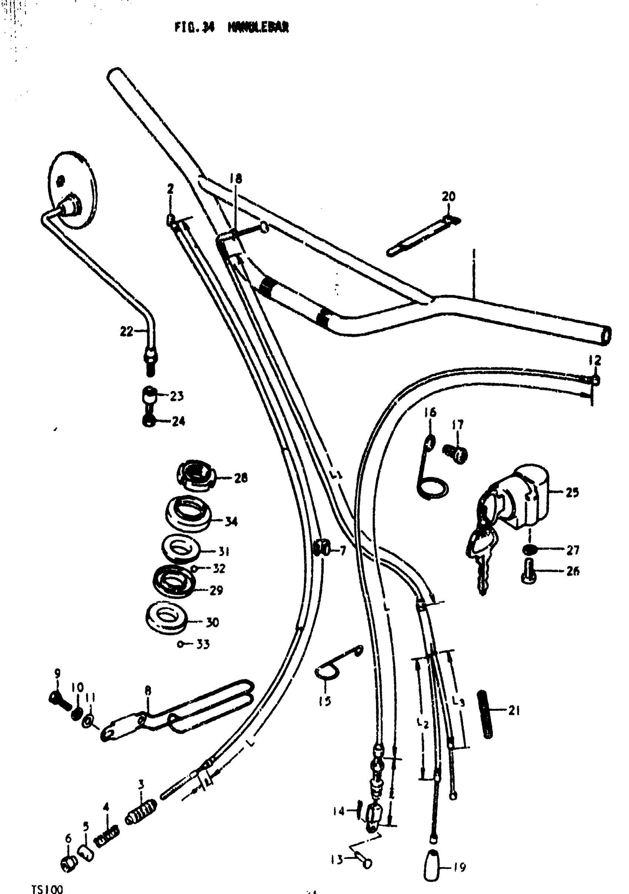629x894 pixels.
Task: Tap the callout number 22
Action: (127, 331)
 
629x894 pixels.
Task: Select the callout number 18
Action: (235, 179)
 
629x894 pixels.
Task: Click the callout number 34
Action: (231, 521)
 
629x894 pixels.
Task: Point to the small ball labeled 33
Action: (180, 644)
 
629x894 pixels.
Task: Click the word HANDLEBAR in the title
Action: (258, 27)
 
